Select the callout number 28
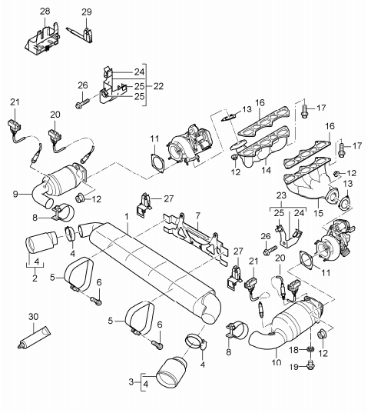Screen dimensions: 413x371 click(x=44, y=11)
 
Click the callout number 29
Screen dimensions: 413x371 click(x=86, y=11)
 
